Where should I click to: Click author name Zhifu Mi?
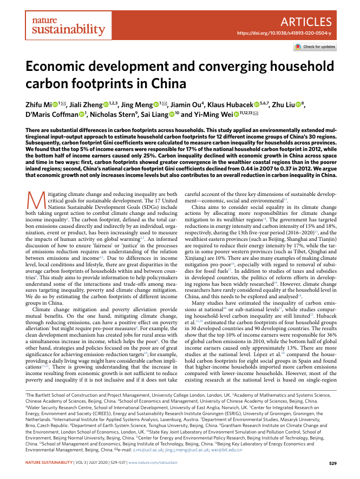pyautogui.click(x=39, y=105)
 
